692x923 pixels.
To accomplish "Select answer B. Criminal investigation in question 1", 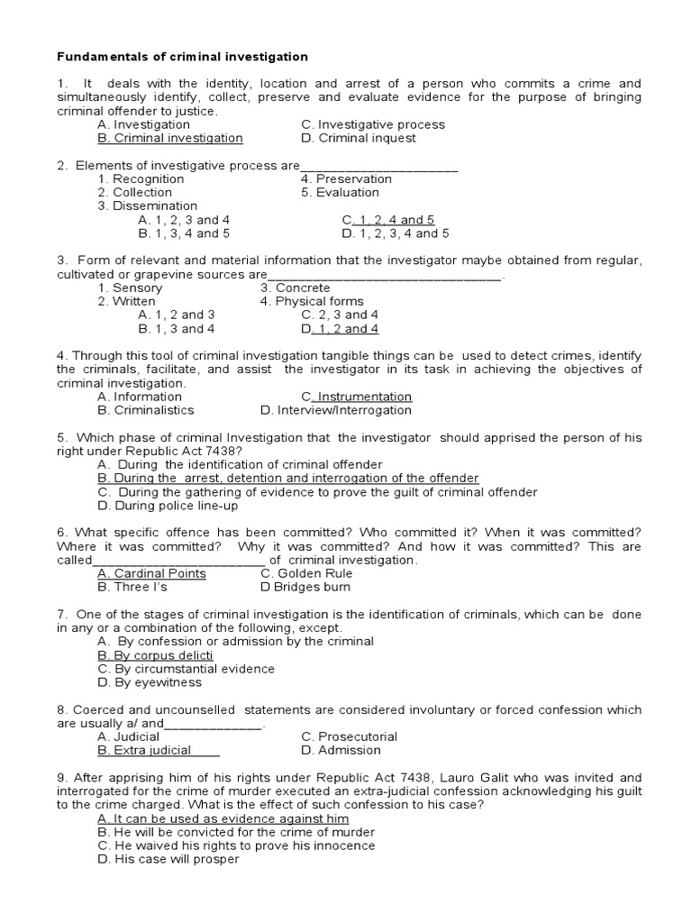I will point(170,138).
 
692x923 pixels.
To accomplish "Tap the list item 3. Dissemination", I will point(148,206).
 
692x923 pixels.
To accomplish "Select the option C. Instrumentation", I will point(357,397).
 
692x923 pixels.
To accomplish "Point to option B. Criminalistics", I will point(146,410).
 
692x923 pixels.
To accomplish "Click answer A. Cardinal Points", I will point(151,573).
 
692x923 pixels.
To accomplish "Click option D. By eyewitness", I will point(150,682).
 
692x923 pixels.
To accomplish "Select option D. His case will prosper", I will point(168,859).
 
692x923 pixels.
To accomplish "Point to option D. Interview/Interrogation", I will point(336,410).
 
